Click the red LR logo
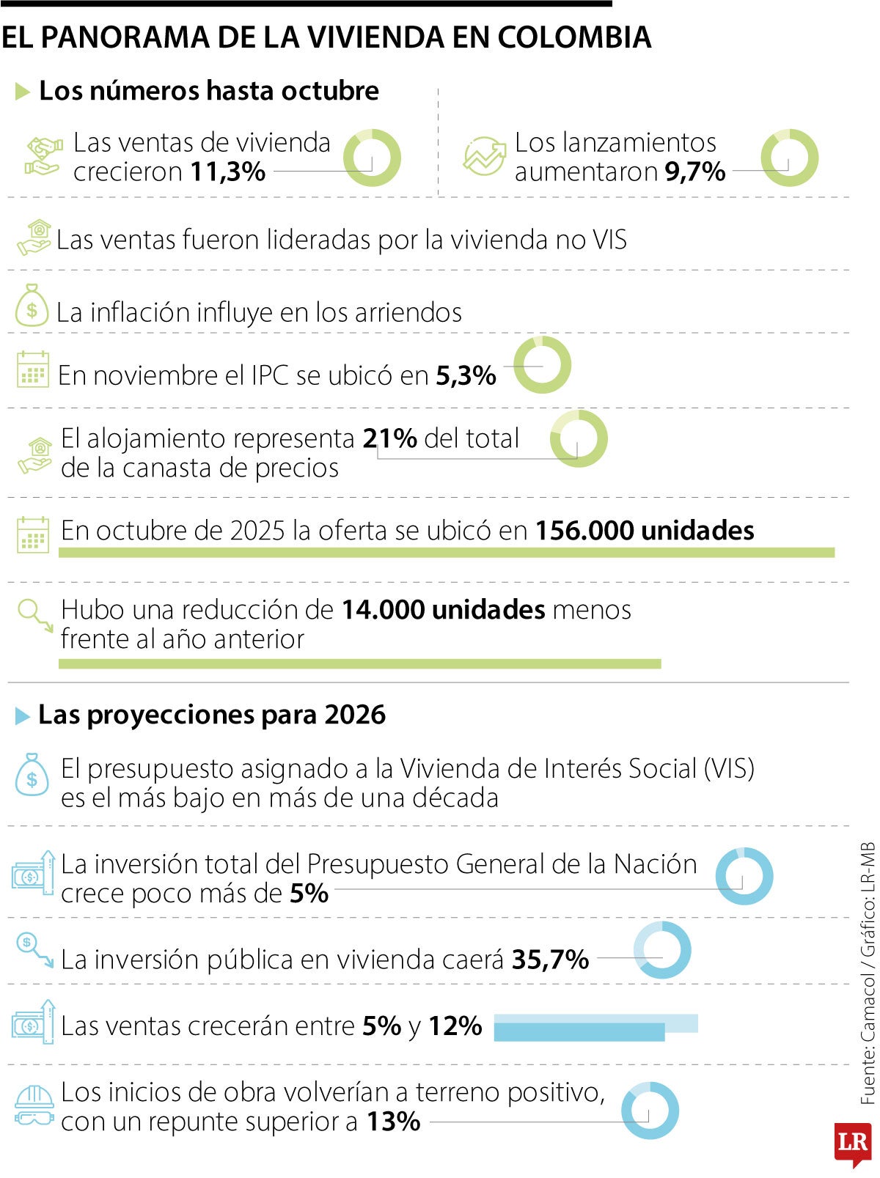tap(852, 1143)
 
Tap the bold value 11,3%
tap(228, 172)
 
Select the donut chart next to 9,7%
tap(789, 158)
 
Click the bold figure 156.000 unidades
tap(645, 531)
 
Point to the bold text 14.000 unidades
tap(444, 610)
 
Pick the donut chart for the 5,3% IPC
tap(542, 365)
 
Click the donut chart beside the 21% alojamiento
tap(579, 439)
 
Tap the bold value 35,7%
tap(550, 960)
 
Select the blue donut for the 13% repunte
tap(650, 1110)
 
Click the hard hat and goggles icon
tap(34, 1106)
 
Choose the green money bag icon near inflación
tap(32, 306)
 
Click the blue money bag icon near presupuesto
tap(32, 776)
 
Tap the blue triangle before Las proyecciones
tap(23, 716)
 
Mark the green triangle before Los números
tap(23, 92)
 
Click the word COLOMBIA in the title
tap(573, 37)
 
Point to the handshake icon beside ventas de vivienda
tap(43, 156)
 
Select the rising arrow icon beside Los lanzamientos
tap(485, 156)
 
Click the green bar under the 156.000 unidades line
tap(446, 553)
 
